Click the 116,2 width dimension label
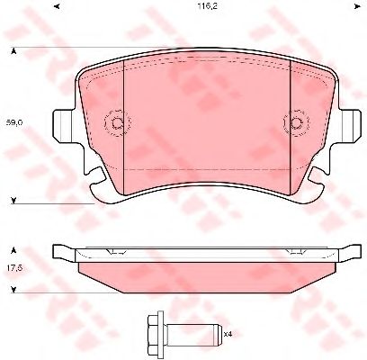(207, 6)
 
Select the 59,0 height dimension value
(14, 122)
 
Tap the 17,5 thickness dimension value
(14, 268)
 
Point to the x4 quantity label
(228, 333)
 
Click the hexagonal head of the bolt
(156, 333)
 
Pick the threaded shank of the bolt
(192, 333)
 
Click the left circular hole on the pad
(117, 122)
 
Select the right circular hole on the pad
(297, 122)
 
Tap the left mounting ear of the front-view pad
(64, 125)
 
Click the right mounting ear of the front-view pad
(350, 125)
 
